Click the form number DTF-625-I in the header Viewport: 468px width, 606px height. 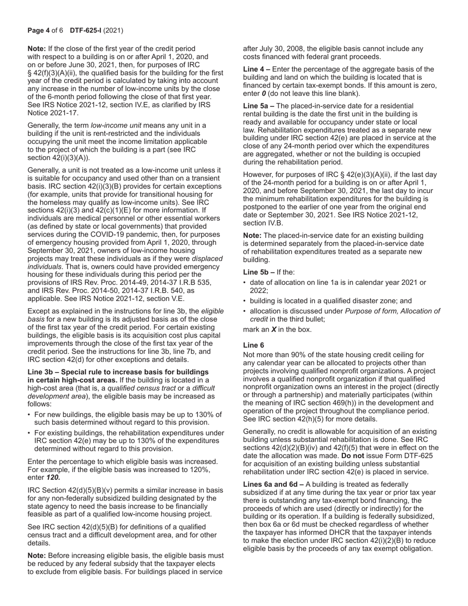coord(84,31)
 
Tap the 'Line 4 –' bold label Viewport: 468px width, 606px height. coord(256,69)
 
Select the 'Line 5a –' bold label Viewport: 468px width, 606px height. coord(258,106)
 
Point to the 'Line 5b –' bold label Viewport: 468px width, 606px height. coord(258,271)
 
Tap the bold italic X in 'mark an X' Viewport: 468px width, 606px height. coord(273,329)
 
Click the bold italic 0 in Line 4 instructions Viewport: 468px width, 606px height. coord(264,93)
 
